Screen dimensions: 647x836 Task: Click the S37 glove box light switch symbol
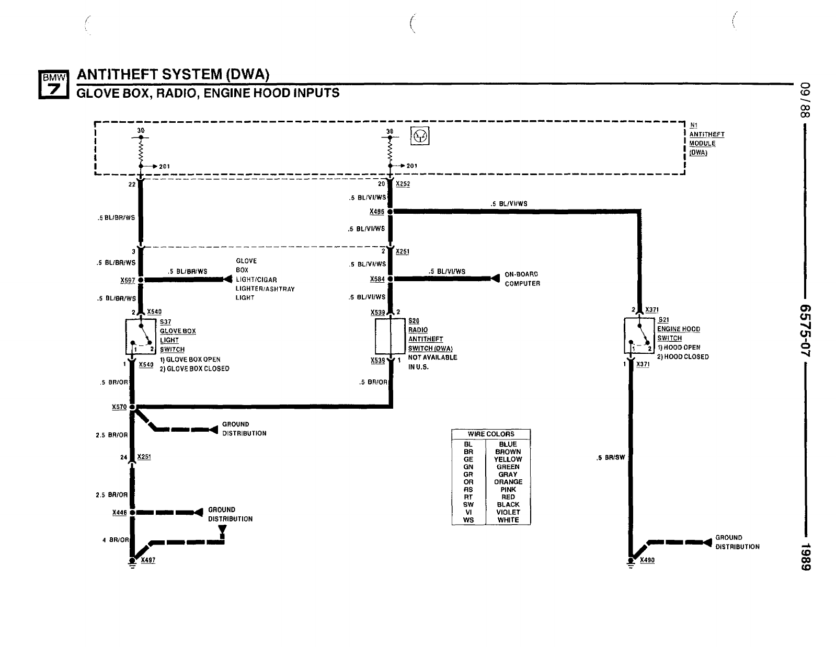[141, 336]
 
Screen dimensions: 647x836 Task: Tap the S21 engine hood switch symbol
[639, 335]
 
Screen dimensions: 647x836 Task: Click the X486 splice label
[376, 212]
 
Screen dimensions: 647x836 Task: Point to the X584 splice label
[377, 279]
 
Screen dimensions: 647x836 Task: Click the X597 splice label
[128, 280]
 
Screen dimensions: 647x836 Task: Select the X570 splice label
[119, 407]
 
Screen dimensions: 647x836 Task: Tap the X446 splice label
[120, 513]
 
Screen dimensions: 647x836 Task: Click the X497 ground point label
[148, 560]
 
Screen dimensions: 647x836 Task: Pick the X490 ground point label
[647, 560]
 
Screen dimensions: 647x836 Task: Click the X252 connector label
[403, 184]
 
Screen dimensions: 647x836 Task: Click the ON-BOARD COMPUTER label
[522, 279]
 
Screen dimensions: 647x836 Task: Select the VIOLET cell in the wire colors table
[508, 512]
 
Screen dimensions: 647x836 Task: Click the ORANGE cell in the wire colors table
[508, 482]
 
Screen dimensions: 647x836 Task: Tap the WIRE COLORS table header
[491, 434]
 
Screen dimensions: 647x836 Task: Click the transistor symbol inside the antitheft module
[421, 137]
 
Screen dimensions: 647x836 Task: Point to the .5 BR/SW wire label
[611, 458]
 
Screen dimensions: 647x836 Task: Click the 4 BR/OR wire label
[115, 540]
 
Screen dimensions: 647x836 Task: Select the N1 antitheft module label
[706, 138]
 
